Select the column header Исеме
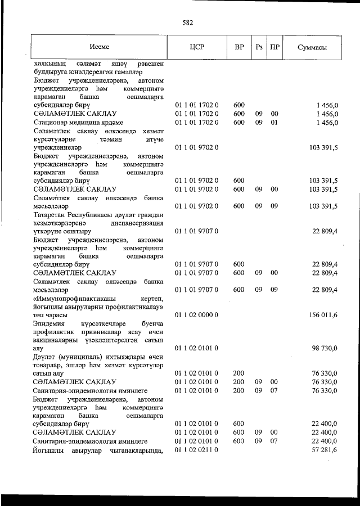coord(99,47)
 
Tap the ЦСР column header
coord(196,47)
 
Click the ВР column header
coord(239,47)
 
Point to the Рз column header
coord(259,47)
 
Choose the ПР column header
coord(274,47)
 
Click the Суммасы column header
coord(312,47)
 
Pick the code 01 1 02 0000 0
coord(196,315)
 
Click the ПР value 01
coord(274,122)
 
